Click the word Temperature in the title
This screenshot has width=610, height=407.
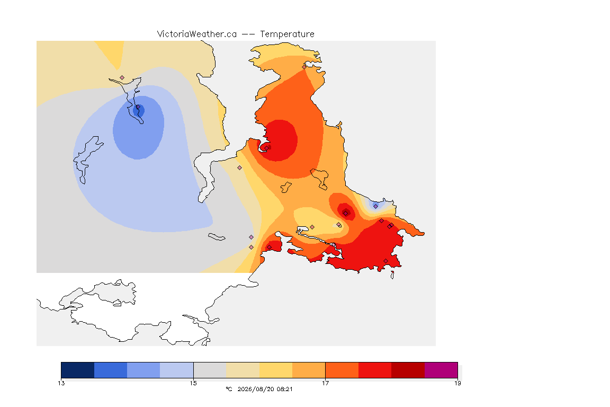coord(287,34)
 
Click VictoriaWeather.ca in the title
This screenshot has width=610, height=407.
coord(197,34)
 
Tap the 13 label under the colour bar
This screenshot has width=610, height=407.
coord(61,383)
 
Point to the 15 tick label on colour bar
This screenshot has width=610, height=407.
coord(193,383)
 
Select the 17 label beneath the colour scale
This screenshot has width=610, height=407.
coord(325,383)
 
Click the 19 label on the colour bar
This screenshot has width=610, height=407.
coord(457,383)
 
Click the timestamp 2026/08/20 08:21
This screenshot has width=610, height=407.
coord(265,389)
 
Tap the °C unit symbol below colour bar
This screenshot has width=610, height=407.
coord(229,389)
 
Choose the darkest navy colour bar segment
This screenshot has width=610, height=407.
coord(78,370)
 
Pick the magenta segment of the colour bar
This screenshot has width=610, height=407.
coord(441,370)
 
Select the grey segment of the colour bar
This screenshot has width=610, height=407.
coord(210,370)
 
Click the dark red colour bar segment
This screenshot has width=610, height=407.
coord(408,370)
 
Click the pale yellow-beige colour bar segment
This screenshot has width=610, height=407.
coord(243,370)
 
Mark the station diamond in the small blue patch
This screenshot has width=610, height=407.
coord(375,206)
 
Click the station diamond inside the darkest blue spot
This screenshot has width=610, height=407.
coord(138,107)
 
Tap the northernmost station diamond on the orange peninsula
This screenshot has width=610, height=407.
coord(304,67)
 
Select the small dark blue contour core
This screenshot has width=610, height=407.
coord(139,111)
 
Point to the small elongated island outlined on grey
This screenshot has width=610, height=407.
coord(217,237)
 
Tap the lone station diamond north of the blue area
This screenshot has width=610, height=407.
coord(122,78)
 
